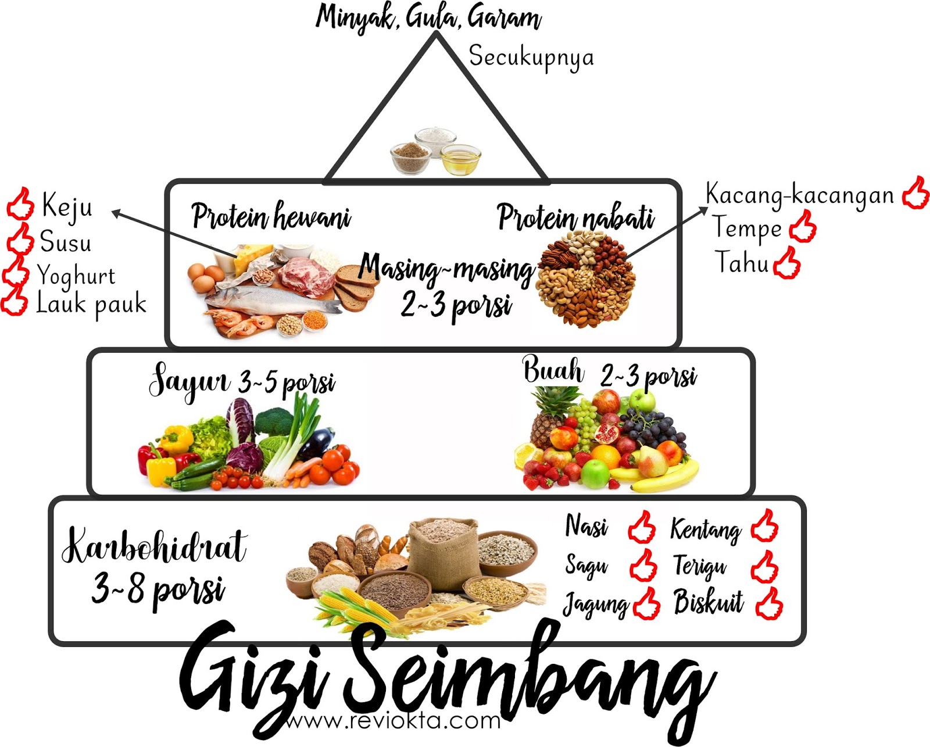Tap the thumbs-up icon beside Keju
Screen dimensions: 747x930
point(20,203)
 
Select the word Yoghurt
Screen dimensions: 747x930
point(76,276)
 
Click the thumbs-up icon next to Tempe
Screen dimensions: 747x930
point(803,227)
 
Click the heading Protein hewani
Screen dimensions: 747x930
point(271,217)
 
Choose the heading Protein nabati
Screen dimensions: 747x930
point(575,217)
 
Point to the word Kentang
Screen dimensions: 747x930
point(705,529)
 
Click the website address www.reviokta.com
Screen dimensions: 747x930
point(394,721)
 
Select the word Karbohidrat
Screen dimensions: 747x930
point(155,546)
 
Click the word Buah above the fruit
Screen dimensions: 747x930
point(553,371)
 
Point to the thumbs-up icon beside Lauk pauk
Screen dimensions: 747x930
point(15,302)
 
